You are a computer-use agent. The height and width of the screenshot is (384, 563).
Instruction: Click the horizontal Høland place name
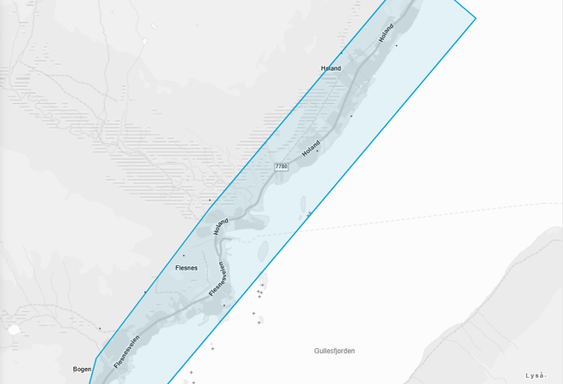click(330, 68)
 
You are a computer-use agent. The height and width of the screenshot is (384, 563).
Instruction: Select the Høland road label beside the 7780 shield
click(311, 148)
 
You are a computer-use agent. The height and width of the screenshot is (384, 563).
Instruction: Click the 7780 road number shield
click(281, 166)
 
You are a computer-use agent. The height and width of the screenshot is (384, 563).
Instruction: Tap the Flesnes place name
click(186, 268)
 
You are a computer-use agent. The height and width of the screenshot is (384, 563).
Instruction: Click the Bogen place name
click(82, 369)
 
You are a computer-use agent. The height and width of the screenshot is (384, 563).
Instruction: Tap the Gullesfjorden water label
click(334, 351)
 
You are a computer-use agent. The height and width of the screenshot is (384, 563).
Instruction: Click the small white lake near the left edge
click(15, 329)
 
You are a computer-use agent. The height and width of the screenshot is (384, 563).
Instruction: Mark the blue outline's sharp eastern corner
click(475, 17)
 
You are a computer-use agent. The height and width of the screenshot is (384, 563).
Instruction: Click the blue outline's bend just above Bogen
click(99, 355)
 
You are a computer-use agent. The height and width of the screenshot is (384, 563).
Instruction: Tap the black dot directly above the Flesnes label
click(183, 254)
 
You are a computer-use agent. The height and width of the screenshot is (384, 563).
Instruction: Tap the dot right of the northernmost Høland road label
click(396, 44)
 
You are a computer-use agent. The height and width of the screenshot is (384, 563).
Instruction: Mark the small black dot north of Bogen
click(100, 329)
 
